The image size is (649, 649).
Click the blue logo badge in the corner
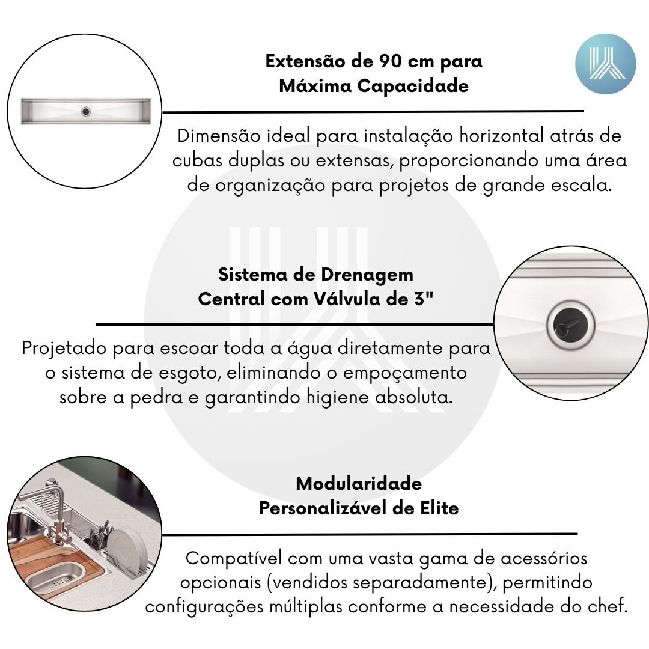coord(605,64)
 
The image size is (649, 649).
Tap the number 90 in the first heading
coord(391,61)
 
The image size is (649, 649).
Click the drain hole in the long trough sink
coord(86,111)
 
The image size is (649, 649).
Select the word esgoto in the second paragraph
coord(189,373)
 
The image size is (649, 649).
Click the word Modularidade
coord(359,483)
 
